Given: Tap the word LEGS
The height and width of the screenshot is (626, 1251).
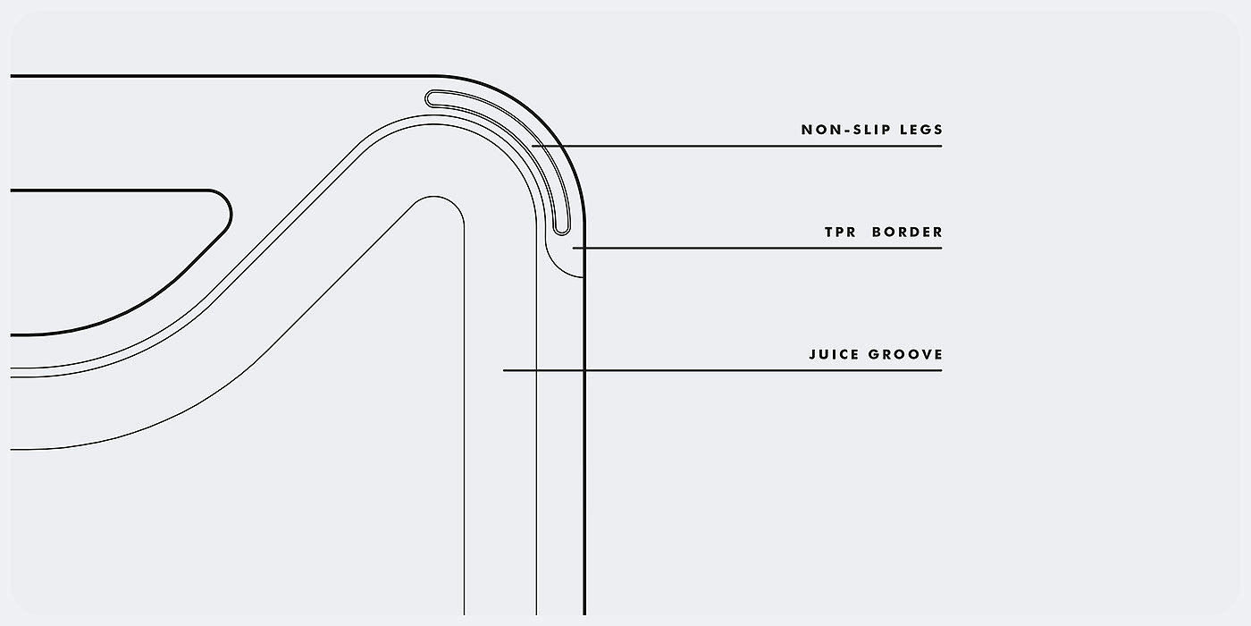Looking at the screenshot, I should click(x=922, y=130).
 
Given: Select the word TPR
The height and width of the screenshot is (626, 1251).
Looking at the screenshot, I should click(x=838, y=233).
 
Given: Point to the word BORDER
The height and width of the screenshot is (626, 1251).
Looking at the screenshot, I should click(x=907, y=233).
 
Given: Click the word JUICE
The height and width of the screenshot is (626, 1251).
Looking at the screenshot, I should click(x=832, y=355).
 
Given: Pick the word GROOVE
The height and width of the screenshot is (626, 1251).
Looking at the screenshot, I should click(x=905, y=355).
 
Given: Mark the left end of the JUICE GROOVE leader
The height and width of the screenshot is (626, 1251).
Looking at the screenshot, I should click(x=504, y=370).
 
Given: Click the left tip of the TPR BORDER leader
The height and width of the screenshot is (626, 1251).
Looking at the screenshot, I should click(x=574, y=248).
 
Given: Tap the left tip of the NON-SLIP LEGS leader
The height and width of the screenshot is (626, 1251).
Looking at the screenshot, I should click(x=533, y=146).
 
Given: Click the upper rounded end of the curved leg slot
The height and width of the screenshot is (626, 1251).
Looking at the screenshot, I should click(x=432, y=97).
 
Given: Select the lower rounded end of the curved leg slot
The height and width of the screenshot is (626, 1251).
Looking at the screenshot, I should click(x=560, y=229).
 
